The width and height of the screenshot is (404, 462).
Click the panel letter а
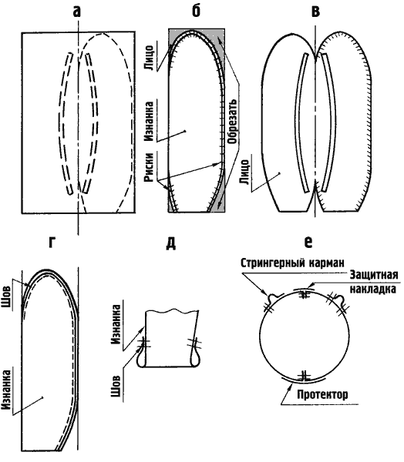76,12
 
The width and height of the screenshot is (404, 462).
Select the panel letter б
196,11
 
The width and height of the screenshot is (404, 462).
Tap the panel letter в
316,12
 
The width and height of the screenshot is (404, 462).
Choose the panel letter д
171,243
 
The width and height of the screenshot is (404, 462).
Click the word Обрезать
233,121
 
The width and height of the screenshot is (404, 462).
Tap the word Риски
150,167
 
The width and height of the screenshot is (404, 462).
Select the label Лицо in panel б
149,58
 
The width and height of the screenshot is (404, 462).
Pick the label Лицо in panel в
245,172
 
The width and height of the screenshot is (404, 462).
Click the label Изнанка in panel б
150,122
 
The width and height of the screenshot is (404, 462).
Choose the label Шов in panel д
116,387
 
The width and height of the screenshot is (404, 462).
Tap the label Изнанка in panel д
116,325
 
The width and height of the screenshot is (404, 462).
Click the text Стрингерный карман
292,263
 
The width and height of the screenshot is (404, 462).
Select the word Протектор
322,394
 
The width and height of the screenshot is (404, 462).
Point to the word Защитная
374,275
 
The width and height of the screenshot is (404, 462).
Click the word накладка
372,289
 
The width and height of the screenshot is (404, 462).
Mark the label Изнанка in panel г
6,390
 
